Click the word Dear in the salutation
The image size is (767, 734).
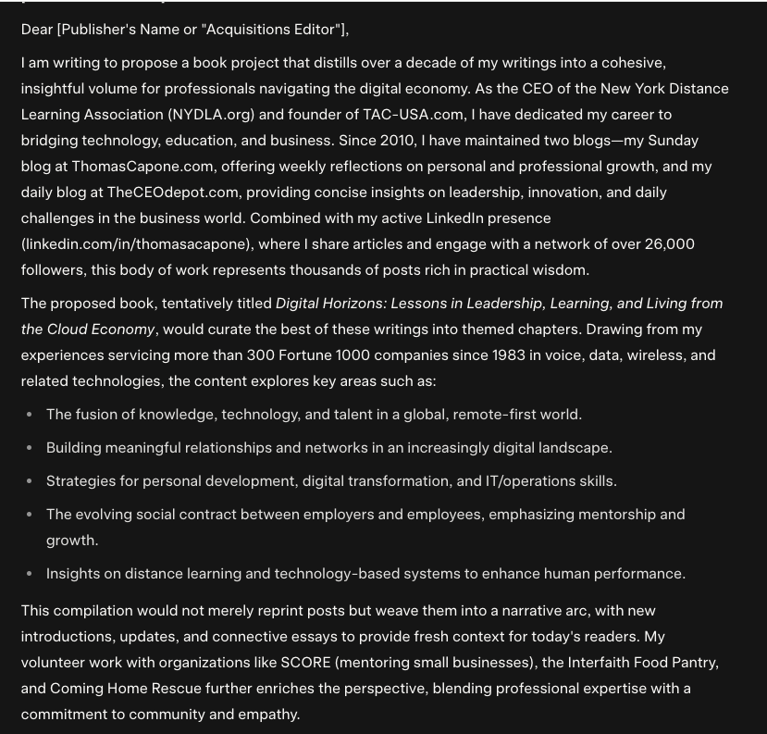(x=37, y=30)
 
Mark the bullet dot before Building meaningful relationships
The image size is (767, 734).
(x=30, y=448)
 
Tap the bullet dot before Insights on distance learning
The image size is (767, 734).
(x=30, y=574)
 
